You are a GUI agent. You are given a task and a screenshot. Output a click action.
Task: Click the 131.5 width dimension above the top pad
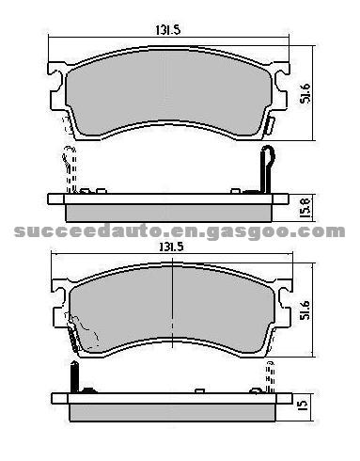tap(168, 30)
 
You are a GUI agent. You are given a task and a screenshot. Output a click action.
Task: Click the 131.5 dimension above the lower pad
tap(171, 247)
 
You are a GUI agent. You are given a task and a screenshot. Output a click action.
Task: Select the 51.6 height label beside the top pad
tap(305, 93)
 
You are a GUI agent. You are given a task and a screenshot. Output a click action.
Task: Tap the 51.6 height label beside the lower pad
tap(305, 310)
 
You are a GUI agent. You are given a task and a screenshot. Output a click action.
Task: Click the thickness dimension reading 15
tap(303, 405)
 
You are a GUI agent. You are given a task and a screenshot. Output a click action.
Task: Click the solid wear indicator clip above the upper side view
tap(267, 169)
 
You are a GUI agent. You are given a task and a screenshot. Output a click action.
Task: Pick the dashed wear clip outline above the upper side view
tap(70, 169)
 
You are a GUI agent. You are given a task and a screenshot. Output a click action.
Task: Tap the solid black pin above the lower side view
tap(74, 376)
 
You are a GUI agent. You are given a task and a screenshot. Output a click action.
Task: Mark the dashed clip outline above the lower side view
tap(271, 376)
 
